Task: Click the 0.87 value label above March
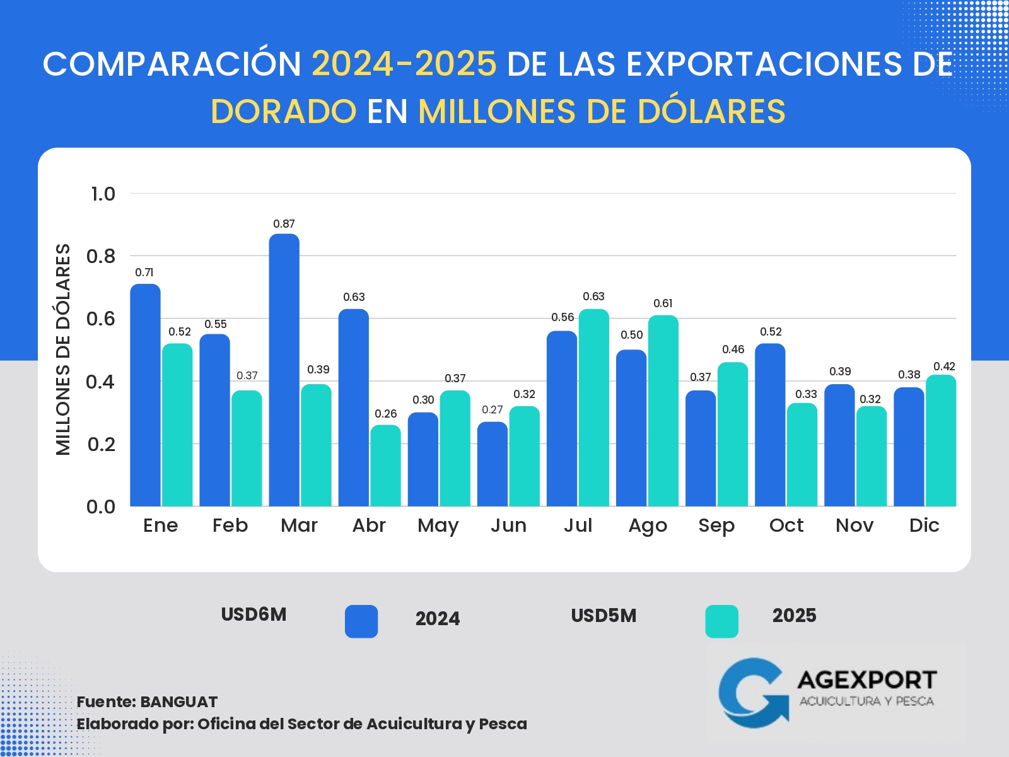coord(284,224)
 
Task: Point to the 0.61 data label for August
coord(663,303)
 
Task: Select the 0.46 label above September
coord(733,349)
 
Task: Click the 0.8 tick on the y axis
coord(101,256)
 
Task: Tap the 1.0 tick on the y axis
coord(103,194)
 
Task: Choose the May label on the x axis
coord(438,525)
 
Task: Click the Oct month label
coord(786,525)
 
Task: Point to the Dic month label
coord(924,525)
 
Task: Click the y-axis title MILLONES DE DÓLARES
coord(63,349)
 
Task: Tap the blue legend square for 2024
coord(361,621)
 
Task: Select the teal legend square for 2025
coord(721,621)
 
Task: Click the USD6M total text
coord(254,614)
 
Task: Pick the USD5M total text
coord(604,616)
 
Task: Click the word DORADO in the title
coord(284,112)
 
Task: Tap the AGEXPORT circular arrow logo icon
coord(753,693)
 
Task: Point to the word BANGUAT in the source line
coord(178,701)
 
